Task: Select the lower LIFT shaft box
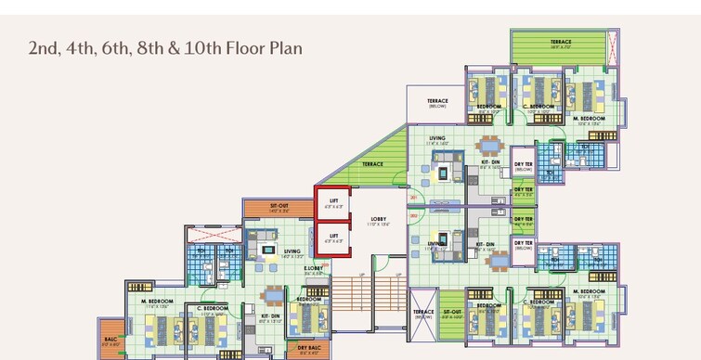tap(334, 238)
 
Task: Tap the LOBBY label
tap(378, 219)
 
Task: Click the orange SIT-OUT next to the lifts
tap(279, 208)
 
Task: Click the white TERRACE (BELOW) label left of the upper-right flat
tap(437, 102)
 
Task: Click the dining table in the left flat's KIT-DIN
tap(273, 296)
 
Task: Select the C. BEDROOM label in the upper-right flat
tap(538, 107)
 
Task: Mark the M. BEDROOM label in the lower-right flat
tap(589, 291)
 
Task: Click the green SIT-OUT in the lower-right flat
tap(451, 313)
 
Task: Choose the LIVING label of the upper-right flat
tap(437, 138)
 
